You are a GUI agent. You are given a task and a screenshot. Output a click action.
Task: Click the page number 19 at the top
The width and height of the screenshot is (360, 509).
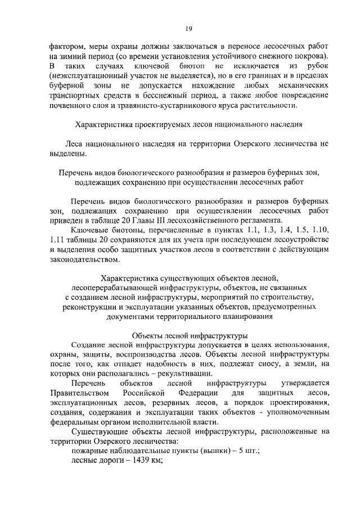189,29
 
